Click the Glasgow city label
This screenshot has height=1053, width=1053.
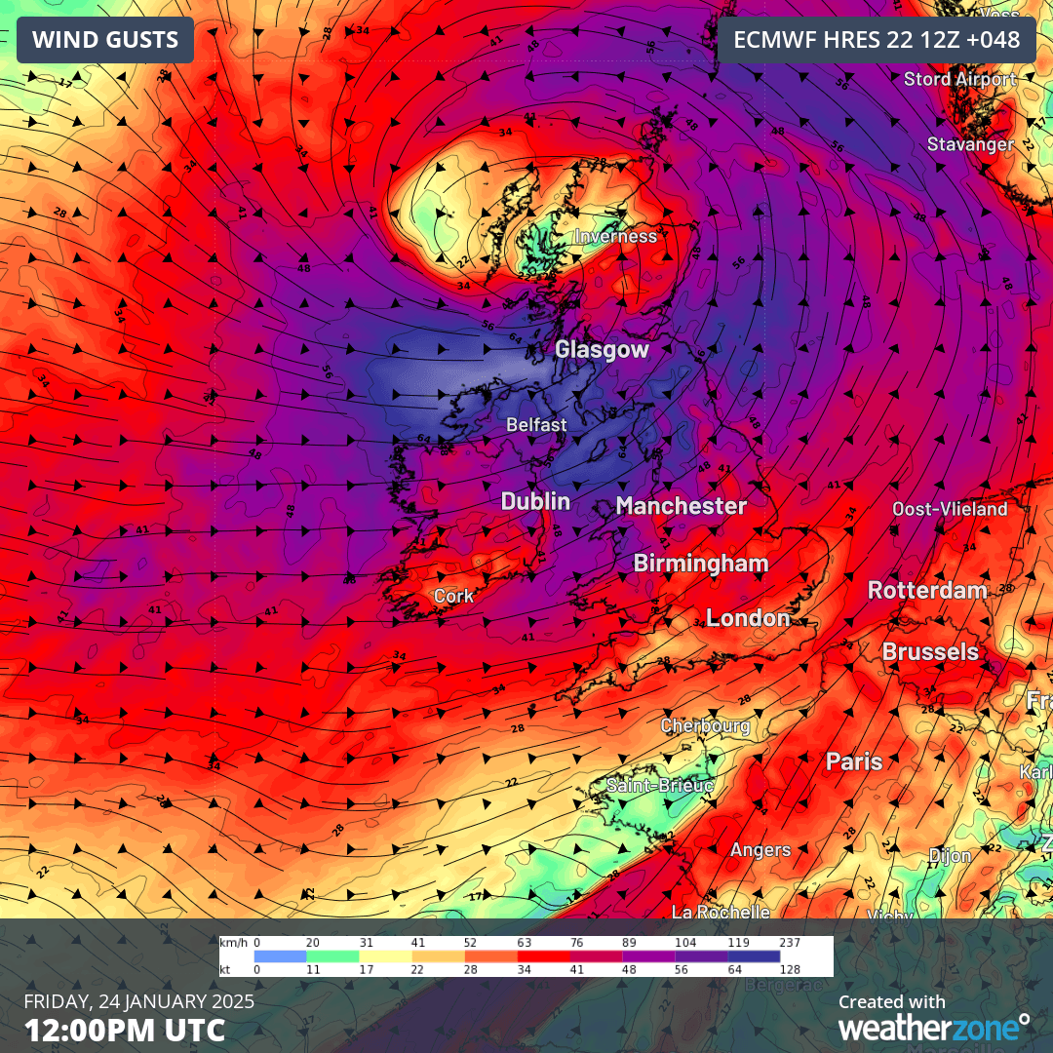[x=602, y=349]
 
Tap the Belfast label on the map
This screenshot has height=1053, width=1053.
[x=536, y=425]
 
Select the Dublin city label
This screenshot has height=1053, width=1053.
[x=535, y=501]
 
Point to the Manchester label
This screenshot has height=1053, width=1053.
[x=681, y=505]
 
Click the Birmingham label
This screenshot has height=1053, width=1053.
[x=700, y=563]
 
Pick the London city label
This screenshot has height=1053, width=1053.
[x=748, y=617]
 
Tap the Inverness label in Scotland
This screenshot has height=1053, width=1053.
[x=614, y=236]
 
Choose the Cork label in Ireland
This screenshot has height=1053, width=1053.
[x=453, y=596]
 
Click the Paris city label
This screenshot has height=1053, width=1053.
[x=854, y=761]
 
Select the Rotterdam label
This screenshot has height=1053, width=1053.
[x=927, y=590]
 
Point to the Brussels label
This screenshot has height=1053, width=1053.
[x=930, y=651]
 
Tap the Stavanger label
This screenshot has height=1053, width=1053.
[x=970, y=144]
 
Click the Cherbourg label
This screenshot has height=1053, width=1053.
[x=705, y=725]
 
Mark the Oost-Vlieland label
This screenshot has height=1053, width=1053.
[x=950, y=509]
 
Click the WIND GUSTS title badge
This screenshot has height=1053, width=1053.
[x=105, y=40]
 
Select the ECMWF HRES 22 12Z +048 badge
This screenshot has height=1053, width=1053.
[x=877, y=40]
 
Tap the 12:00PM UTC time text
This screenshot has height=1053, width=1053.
[x=125, y=1030]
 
